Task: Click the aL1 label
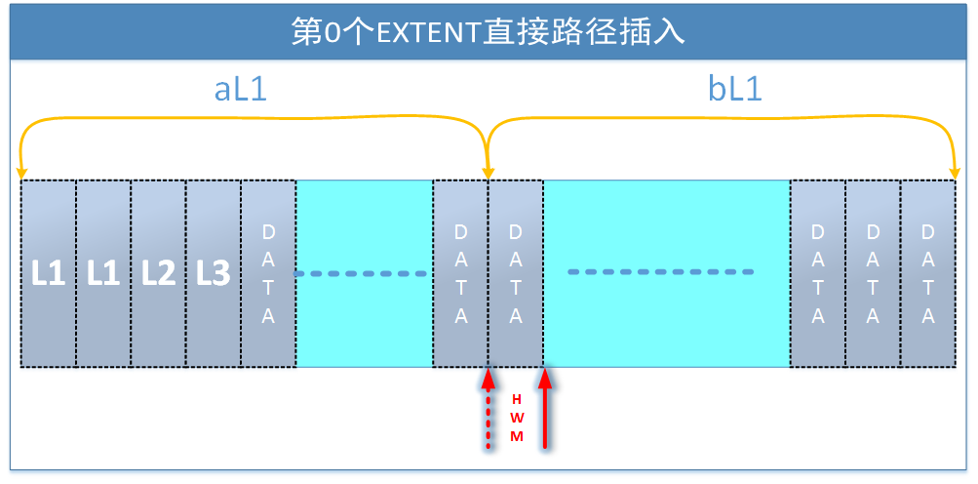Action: pyautogui.click(x=240, y=90)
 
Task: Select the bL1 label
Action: pyautogui.click(x=734, y=90)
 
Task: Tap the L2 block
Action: pyautogui.click(x=158, y=274)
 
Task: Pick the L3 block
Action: pyautogui.click(x=213, y=274)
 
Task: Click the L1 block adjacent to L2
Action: pyautogui.click(x=103, y=274)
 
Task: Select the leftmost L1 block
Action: pyautogui.click(x=48, y=274)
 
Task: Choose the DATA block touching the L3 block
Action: pyautogui.click(x=268, y=274)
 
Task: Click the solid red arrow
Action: pyautogui.click(x=545, y=410)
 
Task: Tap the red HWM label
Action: pyautogui.click(x=517, y=418)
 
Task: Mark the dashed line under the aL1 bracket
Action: pyautogui.click(x=362, y=273)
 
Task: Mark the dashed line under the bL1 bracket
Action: pyautogui.click(x=661, y=271)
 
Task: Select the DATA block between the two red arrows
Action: pyautogui.click(x=516, y=274)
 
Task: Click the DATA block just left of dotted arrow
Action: pyautogui.click(x=460, y=274)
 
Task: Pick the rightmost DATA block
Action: pyautogui.click(x=927, y=274)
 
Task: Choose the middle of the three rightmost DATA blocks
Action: pyautogui.click(x=873, y=274)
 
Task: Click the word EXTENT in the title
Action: pyautogui.click(x=424, y=32)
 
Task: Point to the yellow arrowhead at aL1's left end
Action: pyautogui.click(x=22, y=170)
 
